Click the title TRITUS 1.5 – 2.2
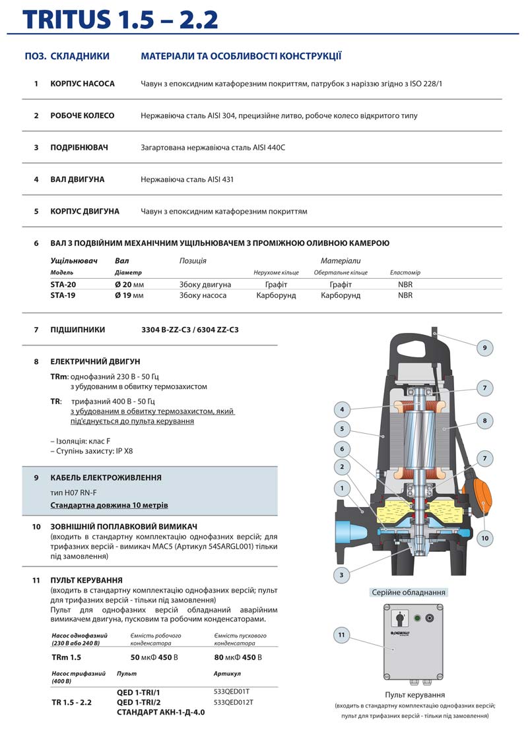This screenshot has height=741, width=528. coord(121,20)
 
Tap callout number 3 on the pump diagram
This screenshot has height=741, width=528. coord(341,575)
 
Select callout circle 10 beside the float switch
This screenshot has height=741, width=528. coord(485,538)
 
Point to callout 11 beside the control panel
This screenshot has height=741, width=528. coord(341,635)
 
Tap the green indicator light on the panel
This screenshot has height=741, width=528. coord(417,618)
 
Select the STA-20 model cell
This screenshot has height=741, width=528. coord(62,284)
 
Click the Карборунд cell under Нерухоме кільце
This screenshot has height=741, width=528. coord(276,295)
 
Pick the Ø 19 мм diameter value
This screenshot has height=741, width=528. coord(129,295)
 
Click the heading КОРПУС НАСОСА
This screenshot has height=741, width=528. coord(82,84)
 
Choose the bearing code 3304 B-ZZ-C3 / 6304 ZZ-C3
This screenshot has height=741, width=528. coord(190,329)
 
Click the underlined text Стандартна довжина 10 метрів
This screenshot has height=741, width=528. coord(109,505)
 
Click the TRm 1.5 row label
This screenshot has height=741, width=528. coord(67,657)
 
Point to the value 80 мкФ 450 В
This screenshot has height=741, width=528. coord(238,657)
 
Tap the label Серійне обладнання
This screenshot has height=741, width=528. coord(409,592)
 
